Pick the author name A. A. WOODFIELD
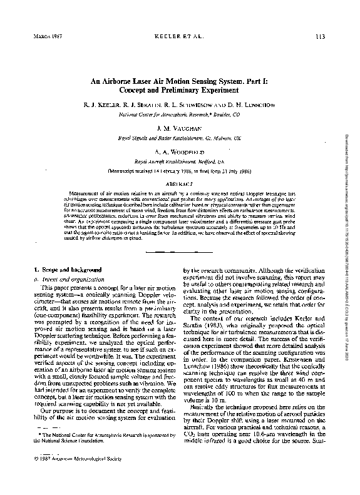click(180, 152)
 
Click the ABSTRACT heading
click(180, 185)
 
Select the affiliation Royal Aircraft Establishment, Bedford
click(180, 161)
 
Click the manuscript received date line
click(180, 170)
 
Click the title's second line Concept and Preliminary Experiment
click(180, 91)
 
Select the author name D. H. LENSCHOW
click(250, 106)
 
